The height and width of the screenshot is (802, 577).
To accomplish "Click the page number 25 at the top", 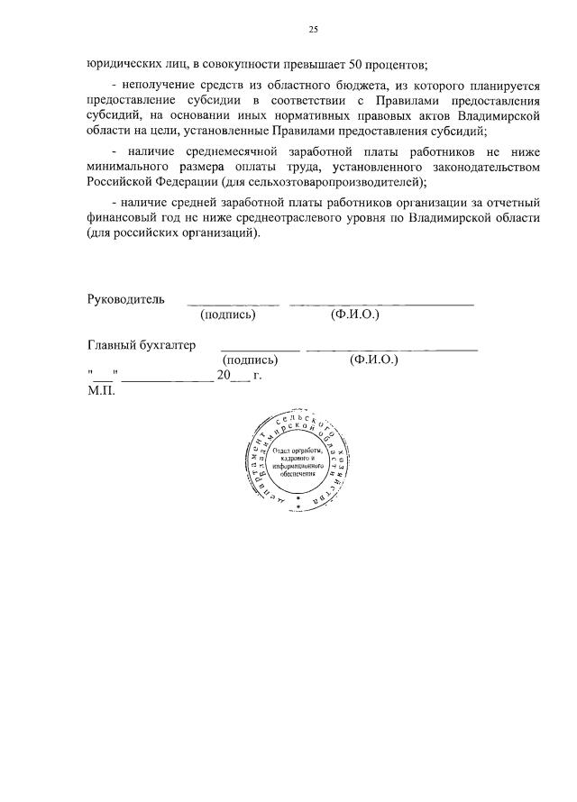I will coord(313,30).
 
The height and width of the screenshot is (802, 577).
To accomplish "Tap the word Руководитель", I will coord(125,299).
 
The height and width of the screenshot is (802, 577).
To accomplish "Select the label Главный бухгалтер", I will coord(141,344).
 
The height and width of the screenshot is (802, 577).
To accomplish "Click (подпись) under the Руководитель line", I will coord(228,314).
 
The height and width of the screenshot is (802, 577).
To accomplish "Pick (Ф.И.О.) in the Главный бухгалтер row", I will coord(373,360).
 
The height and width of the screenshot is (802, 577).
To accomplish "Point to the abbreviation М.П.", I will coord(102,390).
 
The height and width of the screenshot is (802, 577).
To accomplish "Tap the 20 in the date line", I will coord(224,375).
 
